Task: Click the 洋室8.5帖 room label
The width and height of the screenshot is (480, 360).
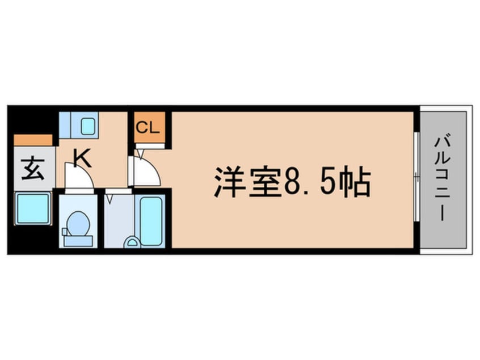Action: (x=292, y=182)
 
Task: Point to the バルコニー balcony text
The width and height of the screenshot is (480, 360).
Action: (x=443, y=179)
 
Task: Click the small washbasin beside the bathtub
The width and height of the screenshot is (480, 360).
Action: (x=132, y=242)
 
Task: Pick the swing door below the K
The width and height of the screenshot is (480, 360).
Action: (x=79, y=177)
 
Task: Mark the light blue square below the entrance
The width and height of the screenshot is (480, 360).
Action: (x=33, y=209)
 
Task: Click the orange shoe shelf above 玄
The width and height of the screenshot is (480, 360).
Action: (x=33, y=140)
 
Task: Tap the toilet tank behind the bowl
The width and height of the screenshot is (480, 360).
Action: (x=78, y=240)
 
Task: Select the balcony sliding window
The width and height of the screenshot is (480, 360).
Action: (x=416, y=179)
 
